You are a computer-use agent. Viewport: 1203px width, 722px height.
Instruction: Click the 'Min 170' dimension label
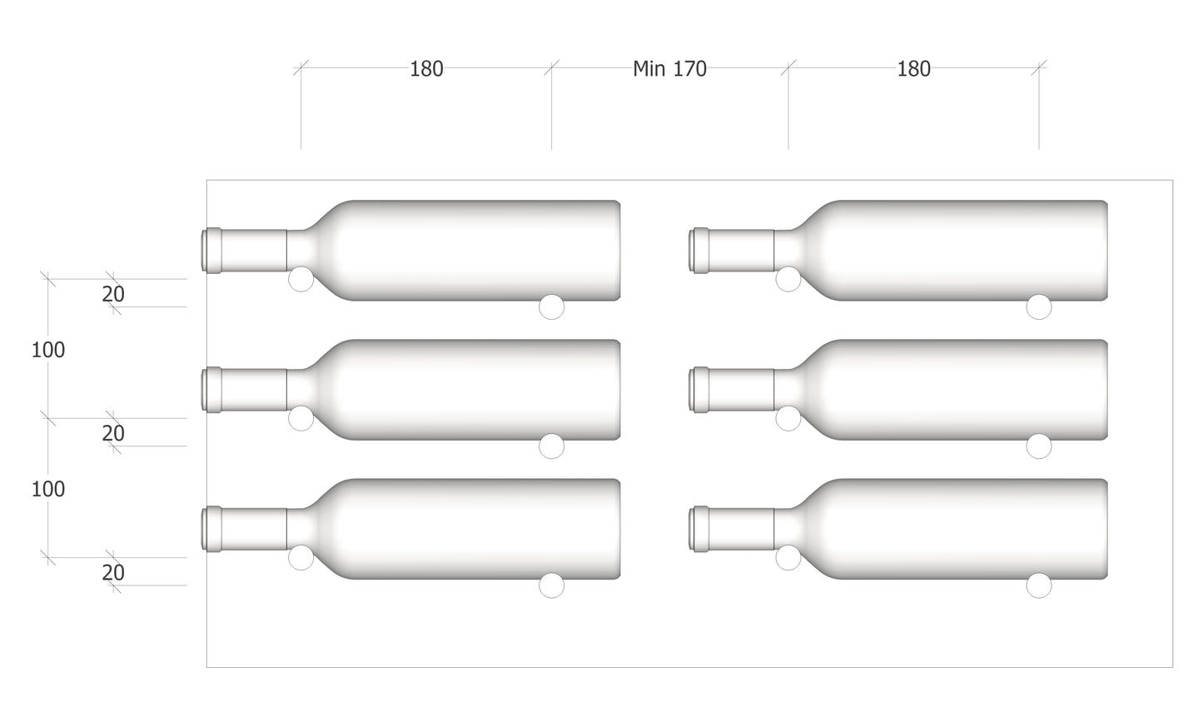pos(669,69)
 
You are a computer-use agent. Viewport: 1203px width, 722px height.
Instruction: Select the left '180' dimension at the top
pos(426,69)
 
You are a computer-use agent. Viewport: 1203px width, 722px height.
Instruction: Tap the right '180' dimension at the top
pos(913,69)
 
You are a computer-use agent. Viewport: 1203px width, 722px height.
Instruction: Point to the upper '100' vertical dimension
pos(48,351)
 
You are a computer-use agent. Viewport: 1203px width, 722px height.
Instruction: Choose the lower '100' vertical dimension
pos(48,490)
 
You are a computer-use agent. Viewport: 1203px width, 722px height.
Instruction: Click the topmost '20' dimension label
pos(113,295)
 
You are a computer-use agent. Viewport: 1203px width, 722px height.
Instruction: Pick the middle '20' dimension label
pos(113,434)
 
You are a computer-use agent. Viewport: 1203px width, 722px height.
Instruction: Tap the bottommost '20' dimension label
pos(113,573)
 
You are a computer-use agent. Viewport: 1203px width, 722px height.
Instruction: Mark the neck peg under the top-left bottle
pos(301,280)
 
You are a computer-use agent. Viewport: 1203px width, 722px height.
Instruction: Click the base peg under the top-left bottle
pos(551,307)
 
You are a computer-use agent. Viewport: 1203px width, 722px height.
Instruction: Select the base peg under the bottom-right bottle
pos(1038,585)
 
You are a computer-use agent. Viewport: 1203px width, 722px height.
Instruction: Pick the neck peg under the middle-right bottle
pos(788,419)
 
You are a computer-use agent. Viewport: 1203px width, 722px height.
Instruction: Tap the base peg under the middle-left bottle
pos(551,446)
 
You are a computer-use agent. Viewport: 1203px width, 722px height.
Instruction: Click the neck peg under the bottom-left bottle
pos(301,558)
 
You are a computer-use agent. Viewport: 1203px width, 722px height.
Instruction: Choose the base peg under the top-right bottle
pos(1038,307)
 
